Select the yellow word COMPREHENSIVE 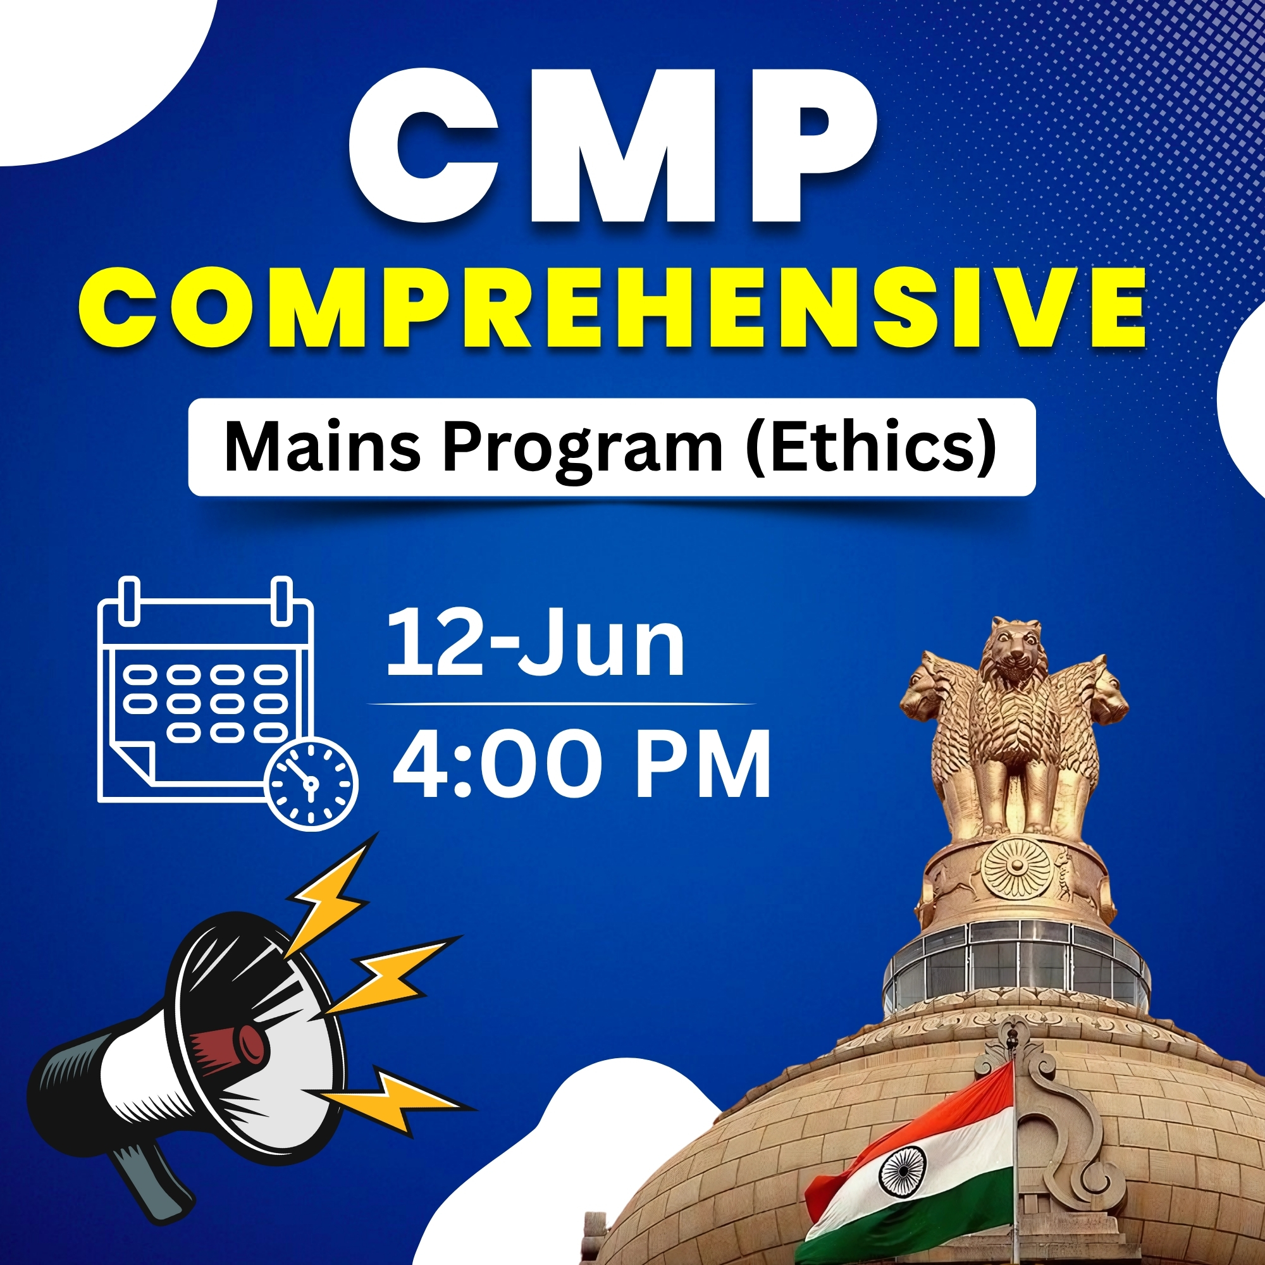click(612, 308)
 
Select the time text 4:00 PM click(582, 764)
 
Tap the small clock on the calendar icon click(312, 783)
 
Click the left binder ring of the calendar click(130, 600)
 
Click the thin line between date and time click(562, 704)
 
